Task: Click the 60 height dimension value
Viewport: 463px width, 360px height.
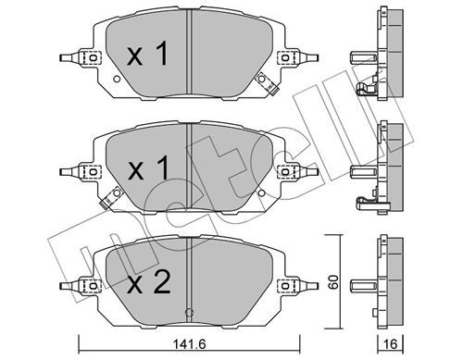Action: pyautogui.click(x=333, y=281)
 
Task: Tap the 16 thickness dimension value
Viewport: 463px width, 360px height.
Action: pyautogui.click(x=391, y=343)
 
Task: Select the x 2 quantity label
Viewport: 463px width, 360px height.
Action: pyautogui.click(x=149, y=281)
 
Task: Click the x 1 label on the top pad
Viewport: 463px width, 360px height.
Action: pyautogui.click(x=147, y=54)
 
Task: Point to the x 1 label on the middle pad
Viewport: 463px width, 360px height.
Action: pyautogui.click(x=148, y=168)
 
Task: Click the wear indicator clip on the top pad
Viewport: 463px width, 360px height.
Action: pyautogui.click(x=268, y=83)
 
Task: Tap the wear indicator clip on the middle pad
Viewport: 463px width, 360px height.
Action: pyautogui.click(x=111, y=198)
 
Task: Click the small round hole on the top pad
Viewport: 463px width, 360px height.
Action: pyautogui.click(x=117, y=79)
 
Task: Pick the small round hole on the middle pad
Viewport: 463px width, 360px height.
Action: pyautogui.click(x=261, y=193)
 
